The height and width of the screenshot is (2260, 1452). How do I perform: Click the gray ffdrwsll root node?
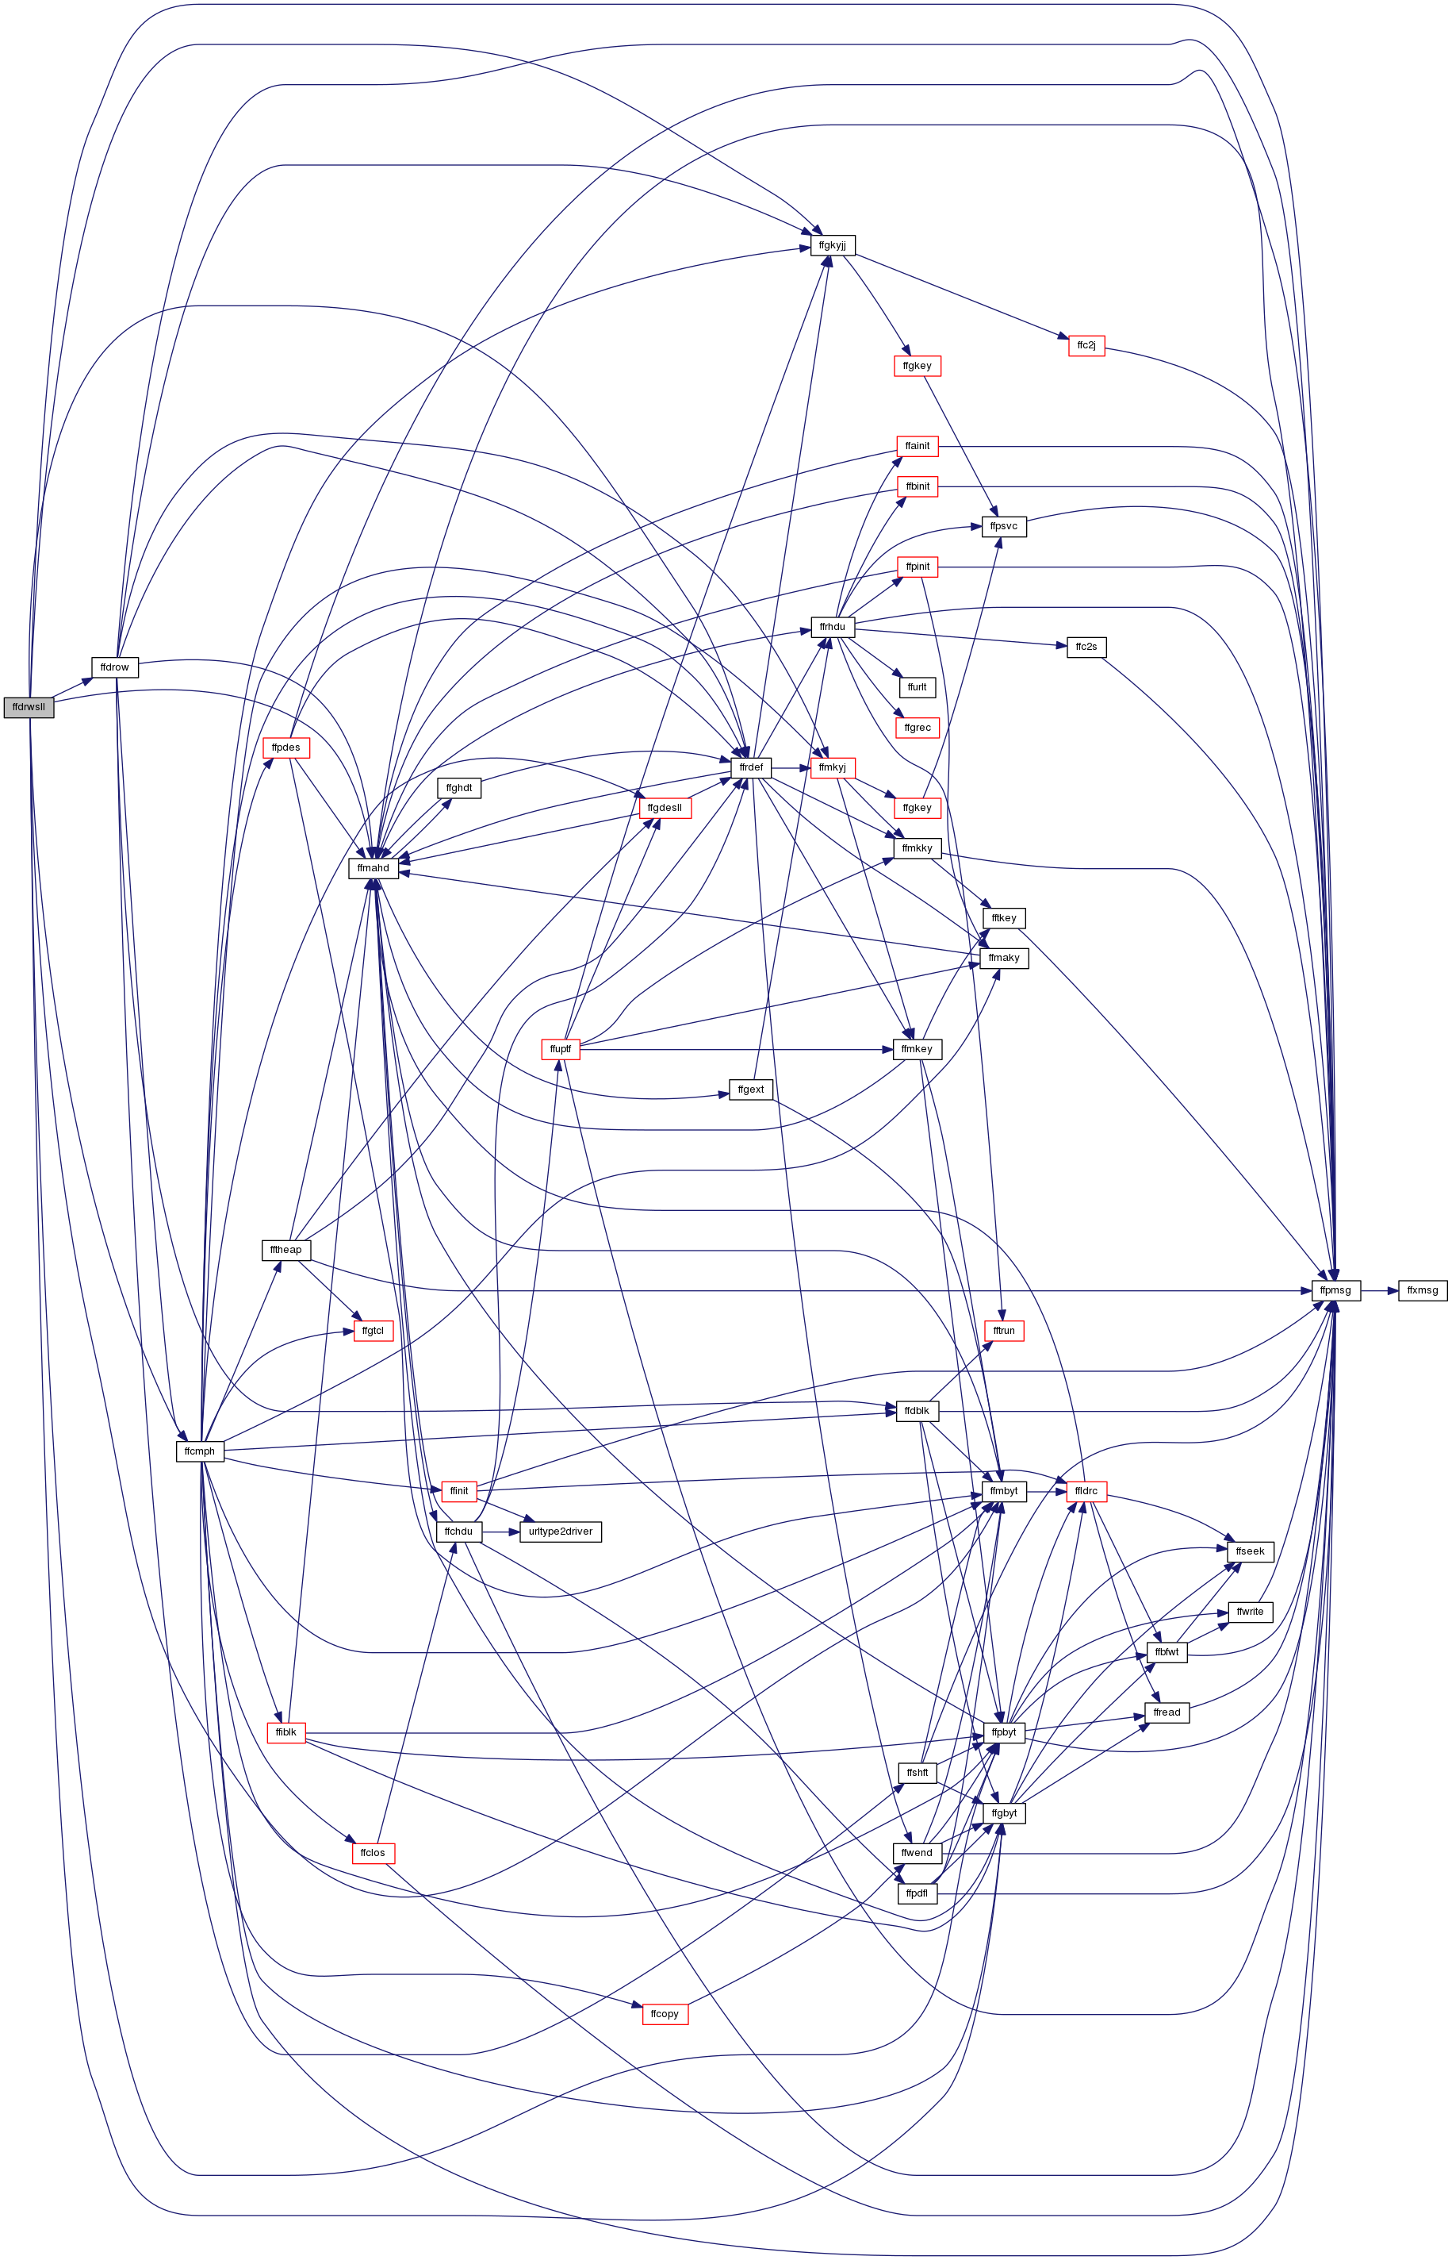[x=29, y=706]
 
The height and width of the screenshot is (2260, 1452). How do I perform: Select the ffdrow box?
[x=114, y=667]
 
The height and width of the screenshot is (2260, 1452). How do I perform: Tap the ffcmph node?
[x=200, y=1451]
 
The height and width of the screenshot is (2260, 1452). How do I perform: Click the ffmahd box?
[x=374, y=868]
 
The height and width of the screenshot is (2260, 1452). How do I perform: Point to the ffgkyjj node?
[x=833, y=245]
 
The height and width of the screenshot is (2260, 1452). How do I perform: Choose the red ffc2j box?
[x=1086, y=345]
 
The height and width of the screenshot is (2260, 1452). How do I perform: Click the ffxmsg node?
[x=1423, y=1290]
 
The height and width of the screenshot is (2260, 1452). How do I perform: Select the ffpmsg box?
[x=1336, y=1290]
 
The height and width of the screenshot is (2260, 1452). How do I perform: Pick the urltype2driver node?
[x=560, y=1531]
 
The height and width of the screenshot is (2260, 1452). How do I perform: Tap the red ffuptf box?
[x=560, y=1049]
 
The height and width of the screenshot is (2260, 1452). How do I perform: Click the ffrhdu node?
[x=833, y=626]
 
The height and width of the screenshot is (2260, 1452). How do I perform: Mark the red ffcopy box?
[x=665, y=2013]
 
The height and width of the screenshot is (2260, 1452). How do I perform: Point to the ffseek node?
[x=1251, y=1551]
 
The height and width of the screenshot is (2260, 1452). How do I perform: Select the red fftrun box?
[x=1004, y=1330]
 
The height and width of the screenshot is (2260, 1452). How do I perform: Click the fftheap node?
[x=285, y=1250]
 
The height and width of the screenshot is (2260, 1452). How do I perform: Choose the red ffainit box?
[x=918, y=445]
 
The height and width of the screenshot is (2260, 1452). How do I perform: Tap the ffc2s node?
[x=1086, y=647]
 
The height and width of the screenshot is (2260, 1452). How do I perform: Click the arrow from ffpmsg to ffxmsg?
[x=1379, y=1290]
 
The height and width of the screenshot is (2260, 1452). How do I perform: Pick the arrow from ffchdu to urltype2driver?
[x=500, y=1531]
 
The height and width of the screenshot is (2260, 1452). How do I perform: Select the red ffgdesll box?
[x=665, y=807]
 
